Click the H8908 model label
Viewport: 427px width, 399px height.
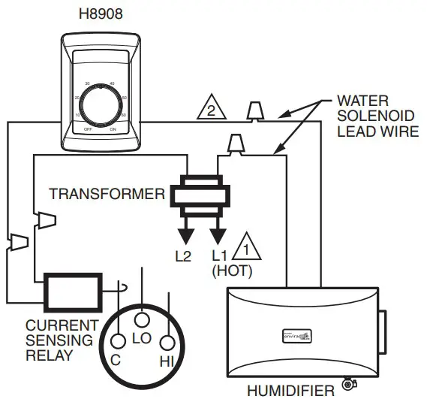click(97, 13)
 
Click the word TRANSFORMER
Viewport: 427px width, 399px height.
click(107, 195)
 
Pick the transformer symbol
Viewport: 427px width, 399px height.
click(199, 194)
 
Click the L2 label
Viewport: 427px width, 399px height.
click(182, 255)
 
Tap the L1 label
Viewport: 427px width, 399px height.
click(219, 255)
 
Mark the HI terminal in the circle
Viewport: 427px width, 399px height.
click(167, 362)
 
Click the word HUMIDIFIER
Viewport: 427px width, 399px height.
click(292, 390)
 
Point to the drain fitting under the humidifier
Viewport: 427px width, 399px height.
click(347, 385)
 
